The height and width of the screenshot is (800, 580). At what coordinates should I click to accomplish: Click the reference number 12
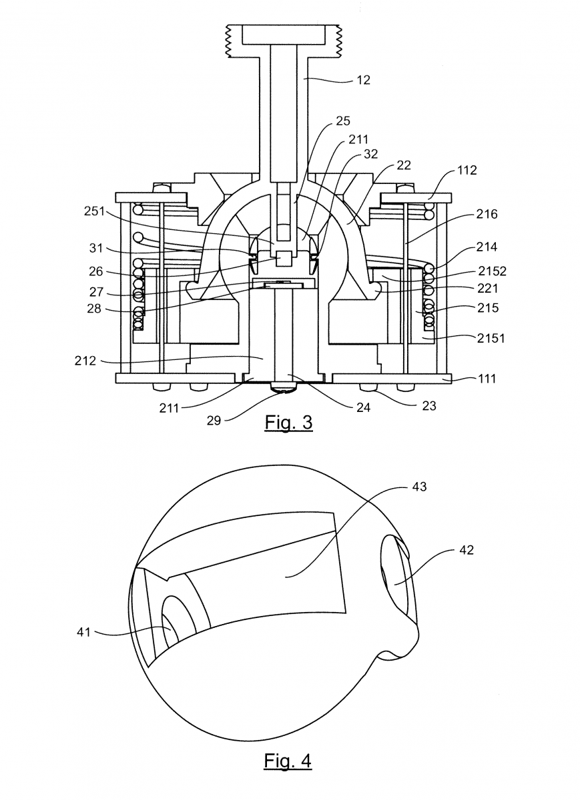(x=363, y=80)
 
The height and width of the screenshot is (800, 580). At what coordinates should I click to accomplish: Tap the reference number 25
(x=342, y=121)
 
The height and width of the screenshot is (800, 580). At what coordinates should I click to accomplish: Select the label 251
(x=94, y=211)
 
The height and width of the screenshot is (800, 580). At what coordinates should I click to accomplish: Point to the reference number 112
(x=467, y=170)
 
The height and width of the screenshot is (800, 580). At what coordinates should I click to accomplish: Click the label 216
(x=487, y=214)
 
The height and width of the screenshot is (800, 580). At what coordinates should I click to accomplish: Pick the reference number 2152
(x=493, y=271)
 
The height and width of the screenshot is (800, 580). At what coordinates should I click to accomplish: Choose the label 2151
(x=491, y=338)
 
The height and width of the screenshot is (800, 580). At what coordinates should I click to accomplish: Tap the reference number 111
(x=487, y=379)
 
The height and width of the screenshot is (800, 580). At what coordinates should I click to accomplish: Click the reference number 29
(x=214, y=421)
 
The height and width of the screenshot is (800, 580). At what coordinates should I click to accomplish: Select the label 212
(x=85, y=361)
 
